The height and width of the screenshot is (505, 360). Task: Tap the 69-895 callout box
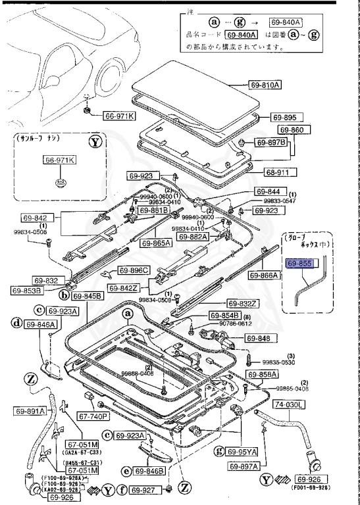(x=283, y=118)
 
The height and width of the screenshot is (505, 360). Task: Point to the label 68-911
(x=282, y=173)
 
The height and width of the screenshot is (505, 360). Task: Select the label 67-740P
(x=94, y=416)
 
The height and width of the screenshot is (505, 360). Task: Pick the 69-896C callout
(x=134, y=270)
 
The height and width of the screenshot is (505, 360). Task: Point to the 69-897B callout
(x=272, y=143)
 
